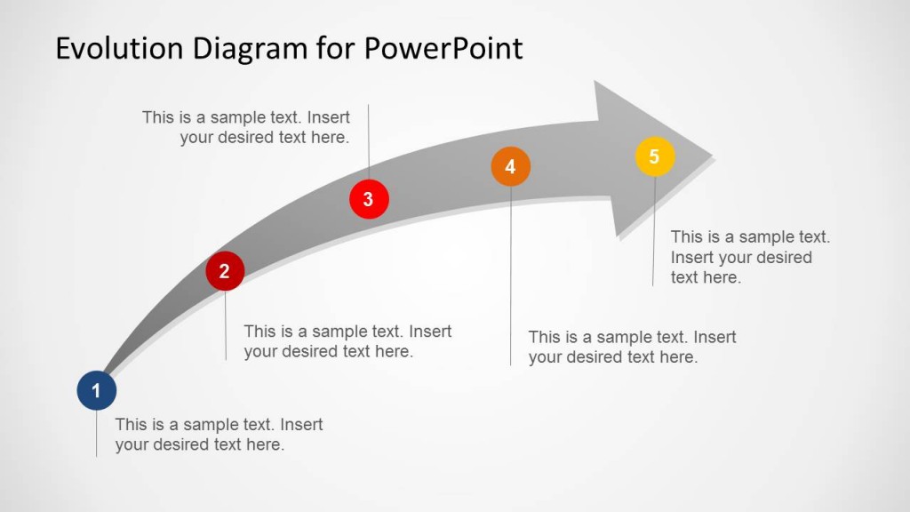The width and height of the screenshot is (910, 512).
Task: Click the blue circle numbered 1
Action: click(x=96, y=391)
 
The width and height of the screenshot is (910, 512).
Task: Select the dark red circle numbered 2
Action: click(x=225, y=271)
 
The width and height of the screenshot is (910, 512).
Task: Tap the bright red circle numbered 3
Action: click(x=368, y=199)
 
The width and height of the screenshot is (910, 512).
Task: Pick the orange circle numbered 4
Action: click(x=510, y=166)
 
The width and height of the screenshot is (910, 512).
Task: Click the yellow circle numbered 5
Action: click(x=654, y=157)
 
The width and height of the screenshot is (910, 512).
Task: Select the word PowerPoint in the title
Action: click(x=443, y=48)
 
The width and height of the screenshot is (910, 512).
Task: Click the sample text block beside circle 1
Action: click(x=219, y=435)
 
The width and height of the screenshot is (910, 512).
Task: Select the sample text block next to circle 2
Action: click(x=347, y=341)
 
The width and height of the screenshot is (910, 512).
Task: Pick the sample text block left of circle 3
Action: click(x=246, y=127)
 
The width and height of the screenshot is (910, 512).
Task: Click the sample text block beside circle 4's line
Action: click(x=632, y=347)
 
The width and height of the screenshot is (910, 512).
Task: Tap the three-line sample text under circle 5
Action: click(x=749, y=257)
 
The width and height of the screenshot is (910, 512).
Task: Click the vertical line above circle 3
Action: click(x=369, y=142)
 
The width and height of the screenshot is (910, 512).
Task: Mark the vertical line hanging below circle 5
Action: click(x=654, y=231)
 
